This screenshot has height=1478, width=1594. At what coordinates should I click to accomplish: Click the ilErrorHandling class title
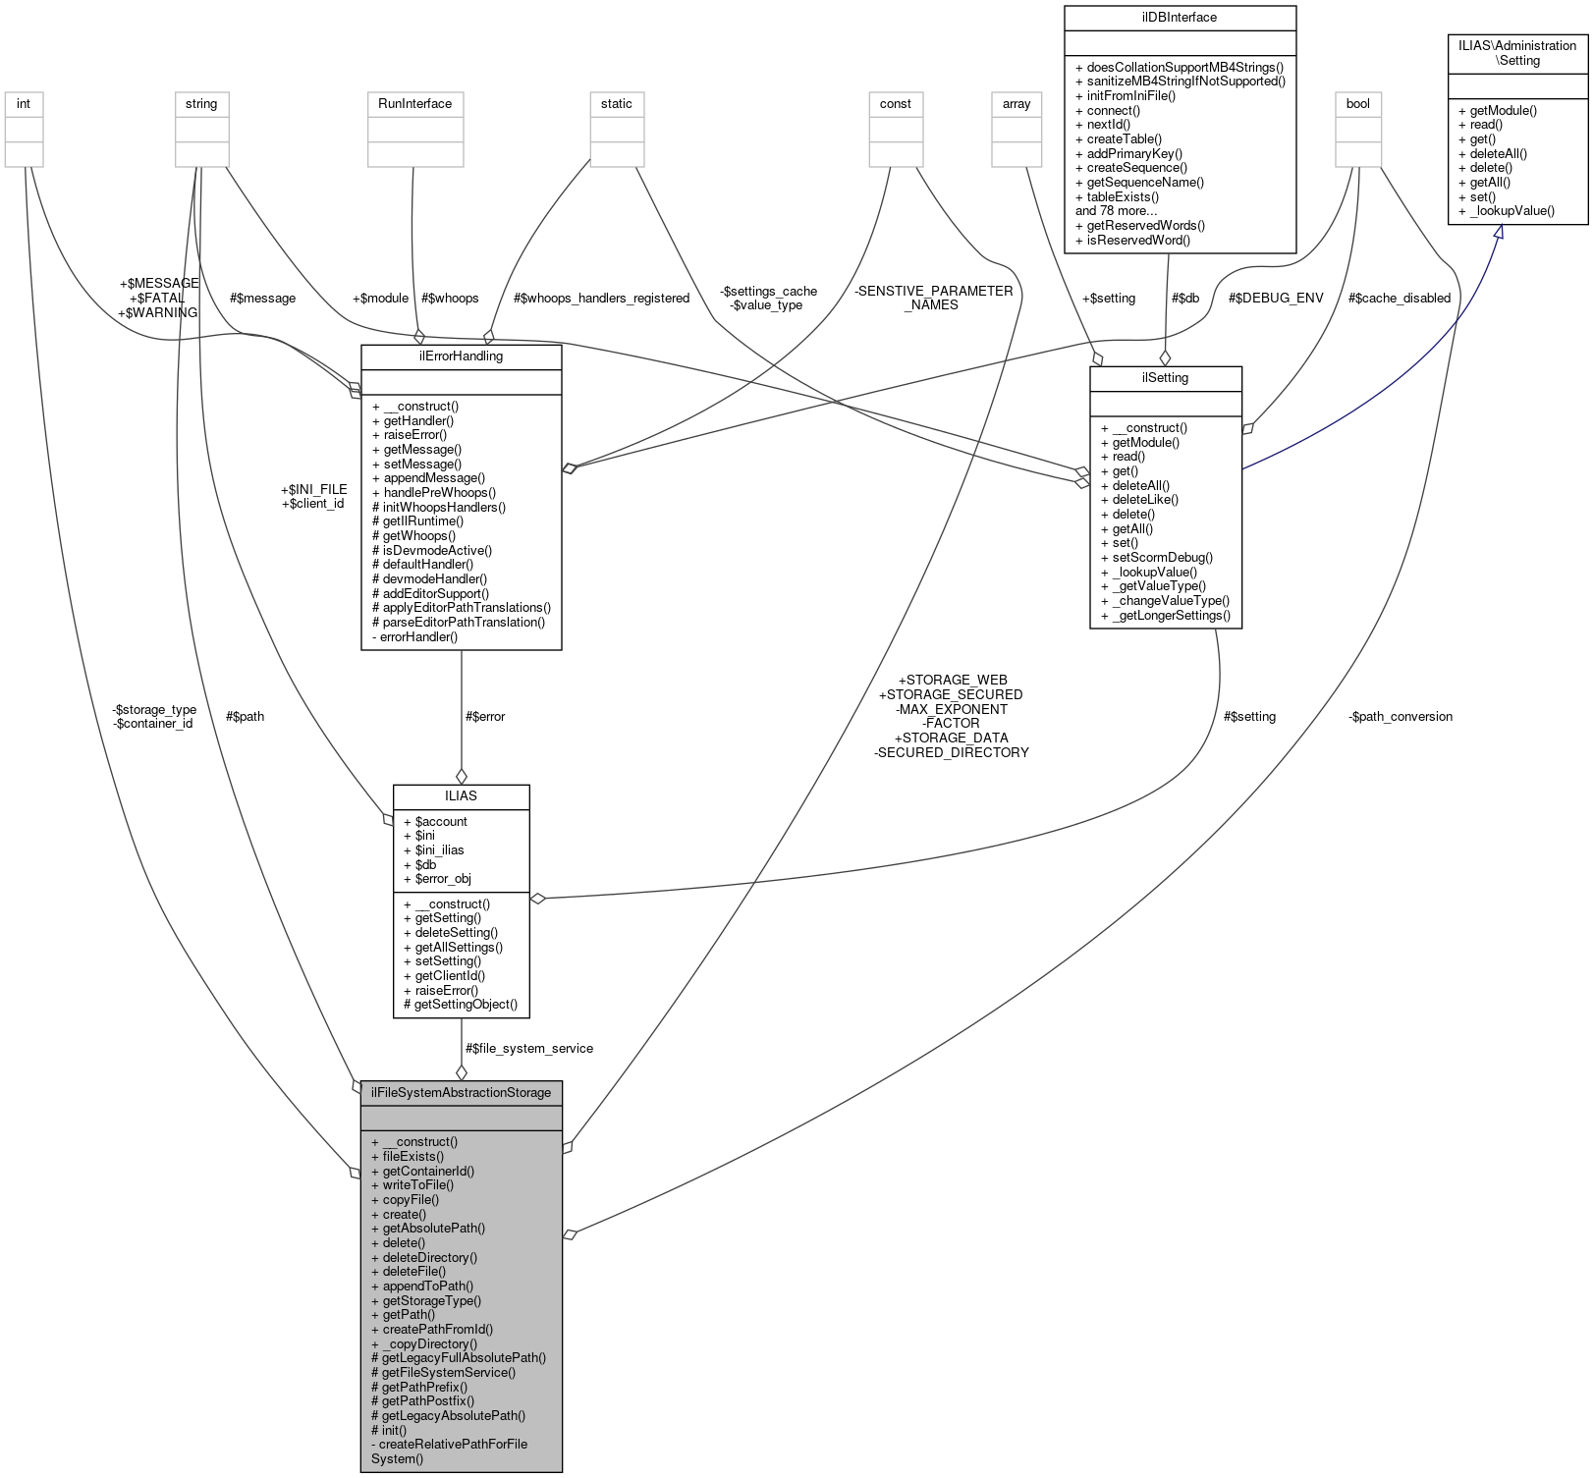[x=461, y=356]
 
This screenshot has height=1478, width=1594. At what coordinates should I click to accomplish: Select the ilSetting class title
[x=1165, y=378]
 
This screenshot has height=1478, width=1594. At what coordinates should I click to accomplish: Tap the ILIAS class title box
[x=461, y=795]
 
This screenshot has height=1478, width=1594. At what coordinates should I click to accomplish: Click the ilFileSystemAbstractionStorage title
[x=461, y=1092]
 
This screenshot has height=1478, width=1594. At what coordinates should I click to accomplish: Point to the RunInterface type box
[x=414, y=104]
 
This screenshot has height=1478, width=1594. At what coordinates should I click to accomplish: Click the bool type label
[x=1357, y=104]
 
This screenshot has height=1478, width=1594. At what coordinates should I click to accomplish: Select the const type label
[x=895, y=104]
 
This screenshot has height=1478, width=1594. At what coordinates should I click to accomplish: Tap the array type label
[x=1016, y=104]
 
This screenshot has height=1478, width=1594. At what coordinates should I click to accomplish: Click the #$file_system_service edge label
[x=529, y=1048]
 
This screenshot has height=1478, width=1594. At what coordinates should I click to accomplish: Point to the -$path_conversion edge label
[x=1401, y=716]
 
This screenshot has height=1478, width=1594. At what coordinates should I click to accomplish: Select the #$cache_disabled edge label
[x=1399, y=298]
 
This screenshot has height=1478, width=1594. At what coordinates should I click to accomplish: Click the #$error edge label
[x=485, y=716]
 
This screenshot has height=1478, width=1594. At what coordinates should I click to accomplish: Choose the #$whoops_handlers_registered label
[x=601, y=298]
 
